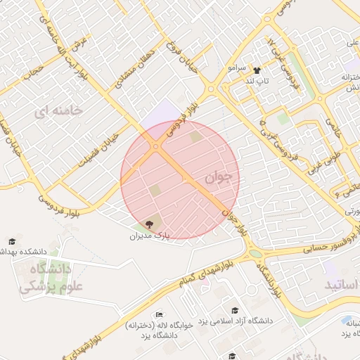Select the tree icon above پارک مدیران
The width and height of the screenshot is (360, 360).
149,224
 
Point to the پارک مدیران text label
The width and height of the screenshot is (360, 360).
150,236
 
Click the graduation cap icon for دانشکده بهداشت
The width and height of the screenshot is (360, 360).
11,241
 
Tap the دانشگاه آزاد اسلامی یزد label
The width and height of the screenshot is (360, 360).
235,321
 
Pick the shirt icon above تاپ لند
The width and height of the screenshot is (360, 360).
257,70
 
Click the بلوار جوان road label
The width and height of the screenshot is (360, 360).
236,219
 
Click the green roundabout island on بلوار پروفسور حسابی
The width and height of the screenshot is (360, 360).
255,255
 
